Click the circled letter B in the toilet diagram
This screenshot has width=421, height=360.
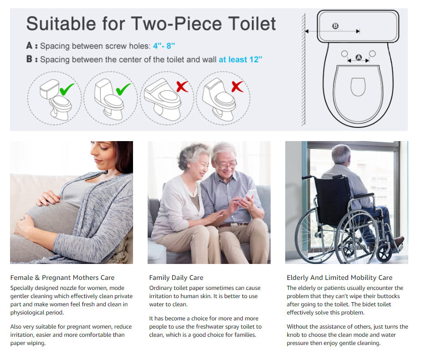pyautogui.click(x=335, y=26)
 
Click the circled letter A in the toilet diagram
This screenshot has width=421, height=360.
pyautogui.click(x=359, y=57)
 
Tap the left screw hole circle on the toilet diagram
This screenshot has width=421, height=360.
pyautogui.click(x=344, y=54)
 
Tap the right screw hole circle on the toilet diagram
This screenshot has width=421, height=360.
pyautogui.click(x=372, y=54)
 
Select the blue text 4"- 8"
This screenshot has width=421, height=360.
pyautogui.click(x=164, y=46)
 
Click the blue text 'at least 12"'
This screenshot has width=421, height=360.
pyautogui.click(x=240, y=59)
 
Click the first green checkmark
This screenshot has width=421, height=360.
pyautogui.click(x=67, y=89)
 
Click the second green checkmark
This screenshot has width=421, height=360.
pyautogui.click(x=123, y=89)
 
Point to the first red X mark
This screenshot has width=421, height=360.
pyautogui.click(x=182, y=86)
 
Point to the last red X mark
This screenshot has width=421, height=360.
pyautogui.click(x=237, y=86)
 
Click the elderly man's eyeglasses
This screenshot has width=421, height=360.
pyautogui.click(x=226, y=164)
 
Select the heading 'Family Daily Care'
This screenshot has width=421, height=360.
pyautogui.click(x=176, y=278)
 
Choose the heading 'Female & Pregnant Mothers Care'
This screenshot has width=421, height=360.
pyautogui.click(x=62, y=278)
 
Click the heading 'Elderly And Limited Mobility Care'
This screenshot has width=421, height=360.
pyautogui.click(x=339, y=278)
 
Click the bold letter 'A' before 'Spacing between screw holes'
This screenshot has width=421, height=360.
pyautogui.click(x=29, y=46)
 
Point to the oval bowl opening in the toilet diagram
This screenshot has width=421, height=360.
pyautogui.click(x=358, y=87)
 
